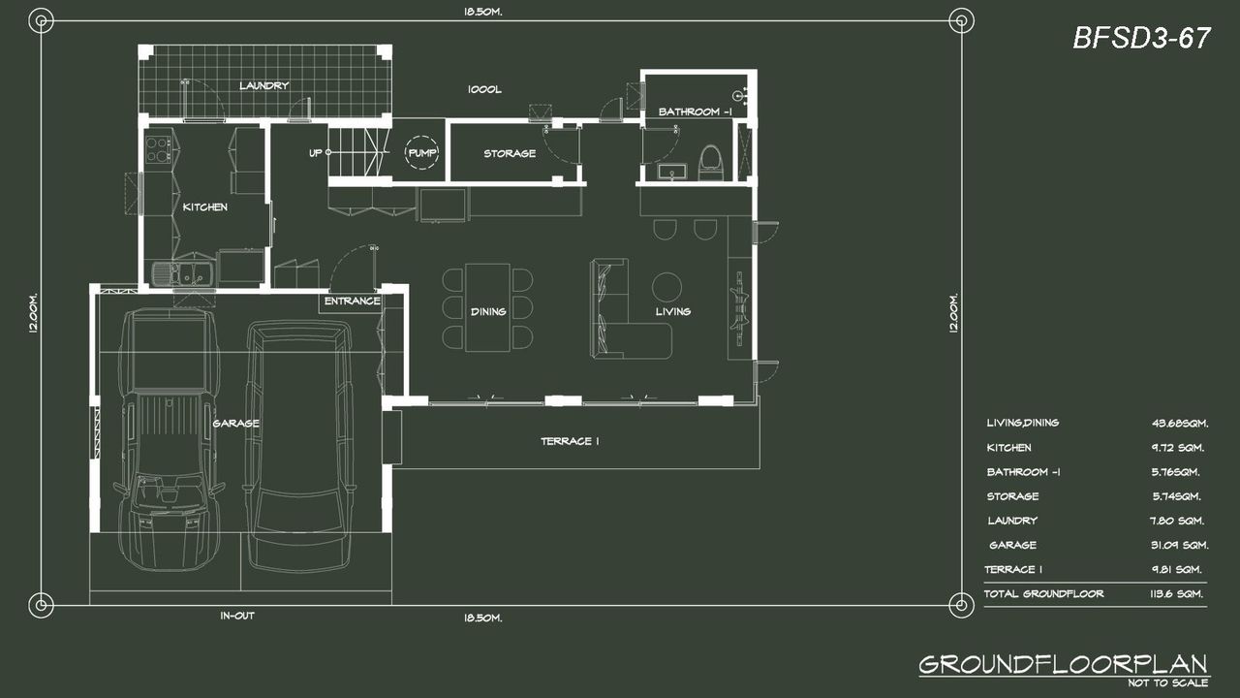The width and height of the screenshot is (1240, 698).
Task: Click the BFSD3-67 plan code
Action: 1141,38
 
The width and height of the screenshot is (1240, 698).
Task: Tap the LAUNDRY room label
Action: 264,86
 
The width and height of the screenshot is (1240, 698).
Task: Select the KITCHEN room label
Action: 204,207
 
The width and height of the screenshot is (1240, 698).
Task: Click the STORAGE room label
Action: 510,153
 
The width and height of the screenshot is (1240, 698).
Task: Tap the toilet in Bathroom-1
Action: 711,163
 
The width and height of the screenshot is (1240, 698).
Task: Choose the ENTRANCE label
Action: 352,301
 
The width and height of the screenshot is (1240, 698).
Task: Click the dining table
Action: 487,307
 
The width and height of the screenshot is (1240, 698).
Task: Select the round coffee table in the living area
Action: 666,287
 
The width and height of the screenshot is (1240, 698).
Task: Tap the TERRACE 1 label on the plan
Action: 570,441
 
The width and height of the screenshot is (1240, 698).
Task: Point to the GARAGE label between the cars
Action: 235,424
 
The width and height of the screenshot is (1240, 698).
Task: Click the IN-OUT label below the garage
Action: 237,616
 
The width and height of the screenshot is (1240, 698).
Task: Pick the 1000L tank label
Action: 484,89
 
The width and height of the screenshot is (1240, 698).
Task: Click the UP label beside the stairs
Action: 315,152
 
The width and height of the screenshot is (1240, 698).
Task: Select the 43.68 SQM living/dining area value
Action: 1180,424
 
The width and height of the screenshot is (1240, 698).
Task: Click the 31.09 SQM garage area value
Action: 1179,545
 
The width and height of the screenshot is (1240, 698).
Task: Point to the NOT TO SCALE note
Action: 1168,683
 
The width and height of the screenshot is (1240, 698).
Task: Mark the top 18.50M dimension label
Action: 483,12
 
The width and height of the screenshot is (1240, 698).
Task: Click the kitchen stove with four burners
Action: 158,149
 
